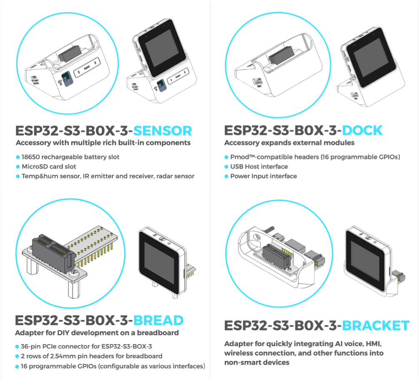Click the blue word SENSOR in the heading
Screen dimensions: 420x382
[162, 131]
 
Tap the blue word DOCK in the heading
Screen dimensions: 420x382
[362, 131]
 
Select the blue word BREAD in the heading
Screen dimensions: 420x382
[158, 320]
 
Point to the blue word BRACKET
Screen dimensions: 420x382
[375, 326]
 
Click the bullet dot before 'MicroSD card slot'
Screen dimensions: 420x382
[18, 167]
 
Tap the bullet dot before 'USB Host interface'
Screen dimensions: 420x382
[226, 167]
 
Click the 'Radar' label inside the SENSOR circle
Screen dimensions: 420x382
[87, 68]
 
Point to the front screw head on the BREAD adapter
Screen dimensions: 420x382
[73, 275]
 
